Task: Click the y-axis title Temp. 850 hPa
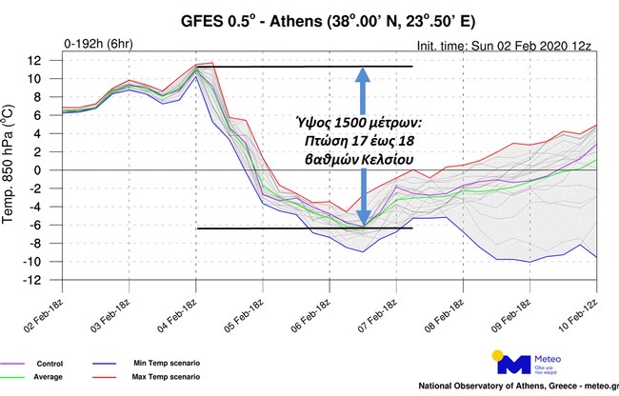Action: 12,170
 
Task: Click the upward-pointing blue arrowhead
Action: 363,75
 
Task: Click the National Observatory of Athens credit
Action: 514,386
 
